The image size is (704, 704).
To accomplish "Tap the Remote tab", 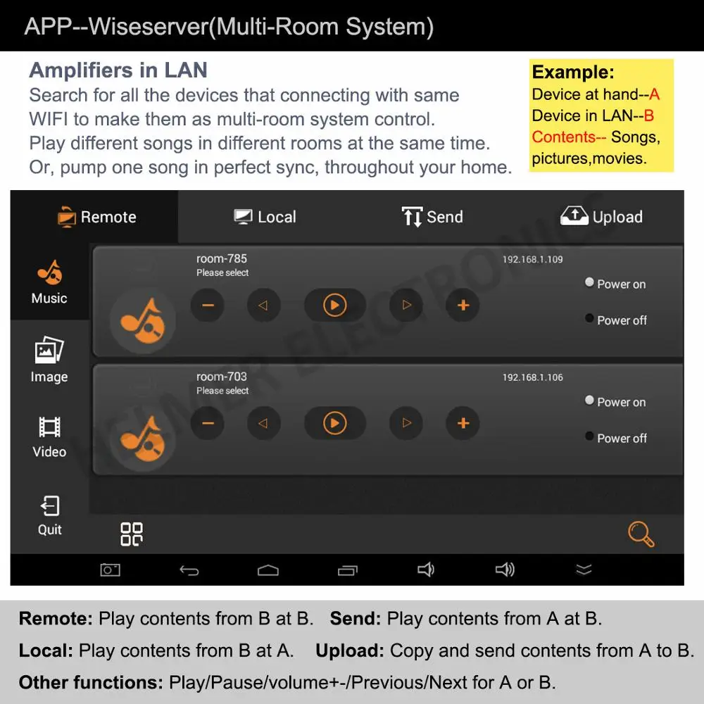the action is pos(97,217).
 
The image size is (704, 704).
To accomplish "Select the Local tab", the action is pos(265,217).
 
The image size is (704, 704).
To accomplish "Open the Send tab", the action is pos(432,217).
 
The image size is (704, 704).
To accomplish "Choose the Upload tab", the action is pos(601,216).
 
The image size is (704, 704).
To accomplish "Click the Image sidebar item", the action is pos(49,359).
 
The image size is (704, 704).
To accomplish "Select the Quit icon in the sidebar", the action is pos(50,506).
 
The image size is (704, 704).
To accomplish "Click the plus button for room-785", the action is pos(463,306).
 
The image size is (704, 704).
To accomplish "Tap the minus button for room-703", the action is pos(208,423).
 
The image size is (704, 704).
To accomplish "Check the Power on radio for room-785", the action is pos(589,282).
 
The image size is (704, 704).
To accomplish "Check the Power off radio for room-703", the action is pos(589,436).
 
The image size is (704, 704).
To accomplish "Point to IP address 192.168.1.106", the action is pos(532,377).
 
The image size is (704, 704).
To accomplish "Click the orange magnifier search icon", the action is pos(641,534).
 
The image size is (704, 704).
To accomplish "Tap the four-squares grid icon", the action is pos(132,534).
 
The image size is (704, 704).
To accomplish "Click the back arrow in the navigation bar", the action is pos(189,570).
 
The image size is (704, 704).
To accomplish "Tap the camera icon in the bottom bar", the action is pos(110,570).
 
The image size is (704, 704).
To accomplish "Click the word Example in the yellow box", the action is pos(573,73).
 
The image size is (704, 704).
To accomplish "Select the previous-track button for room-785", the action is pos(263,306).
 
